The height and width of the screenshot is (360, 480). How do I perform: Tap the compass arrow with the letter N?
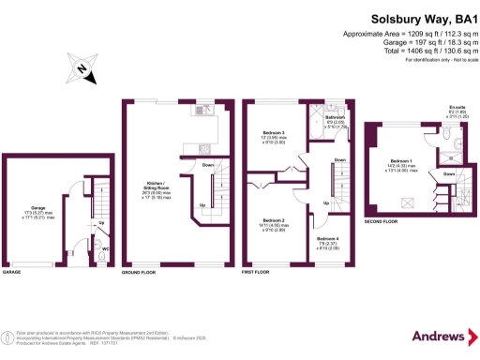83,67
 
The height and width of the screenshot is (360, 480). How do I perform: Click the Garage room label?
38,207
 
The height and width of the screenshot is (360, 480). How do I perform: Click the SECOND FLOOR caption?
382,222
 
